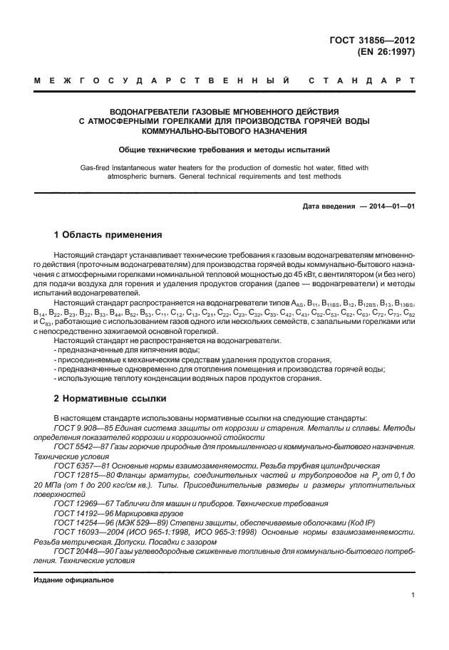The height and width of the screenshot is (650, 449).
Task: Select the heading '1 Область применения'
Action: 109,235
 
